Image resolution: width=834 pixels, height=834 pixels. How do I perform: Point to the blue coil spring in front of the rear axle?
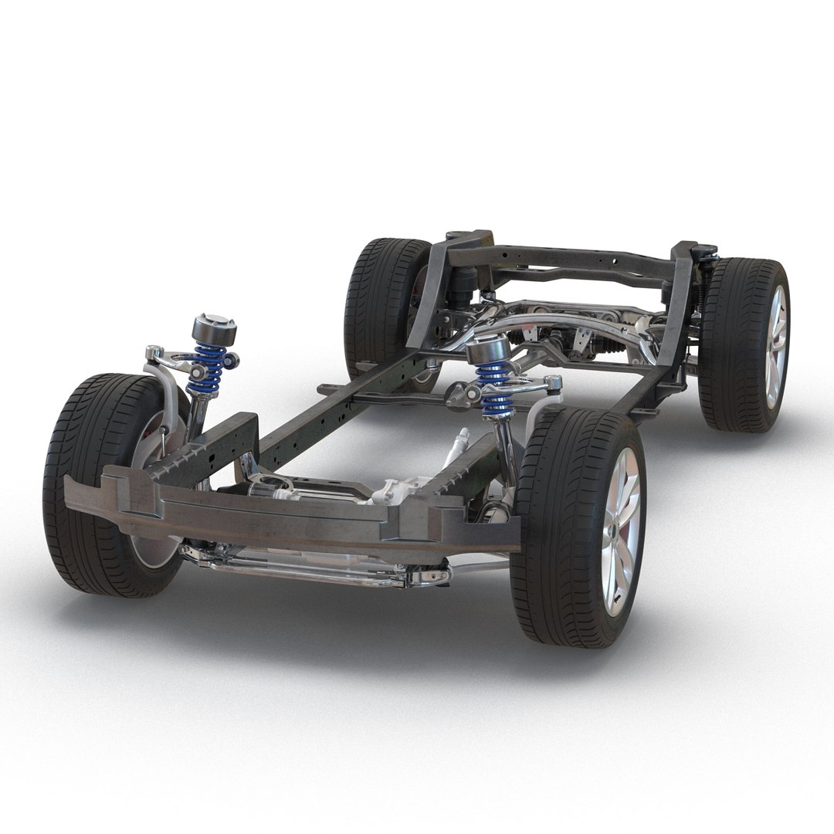click(494, 390)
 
